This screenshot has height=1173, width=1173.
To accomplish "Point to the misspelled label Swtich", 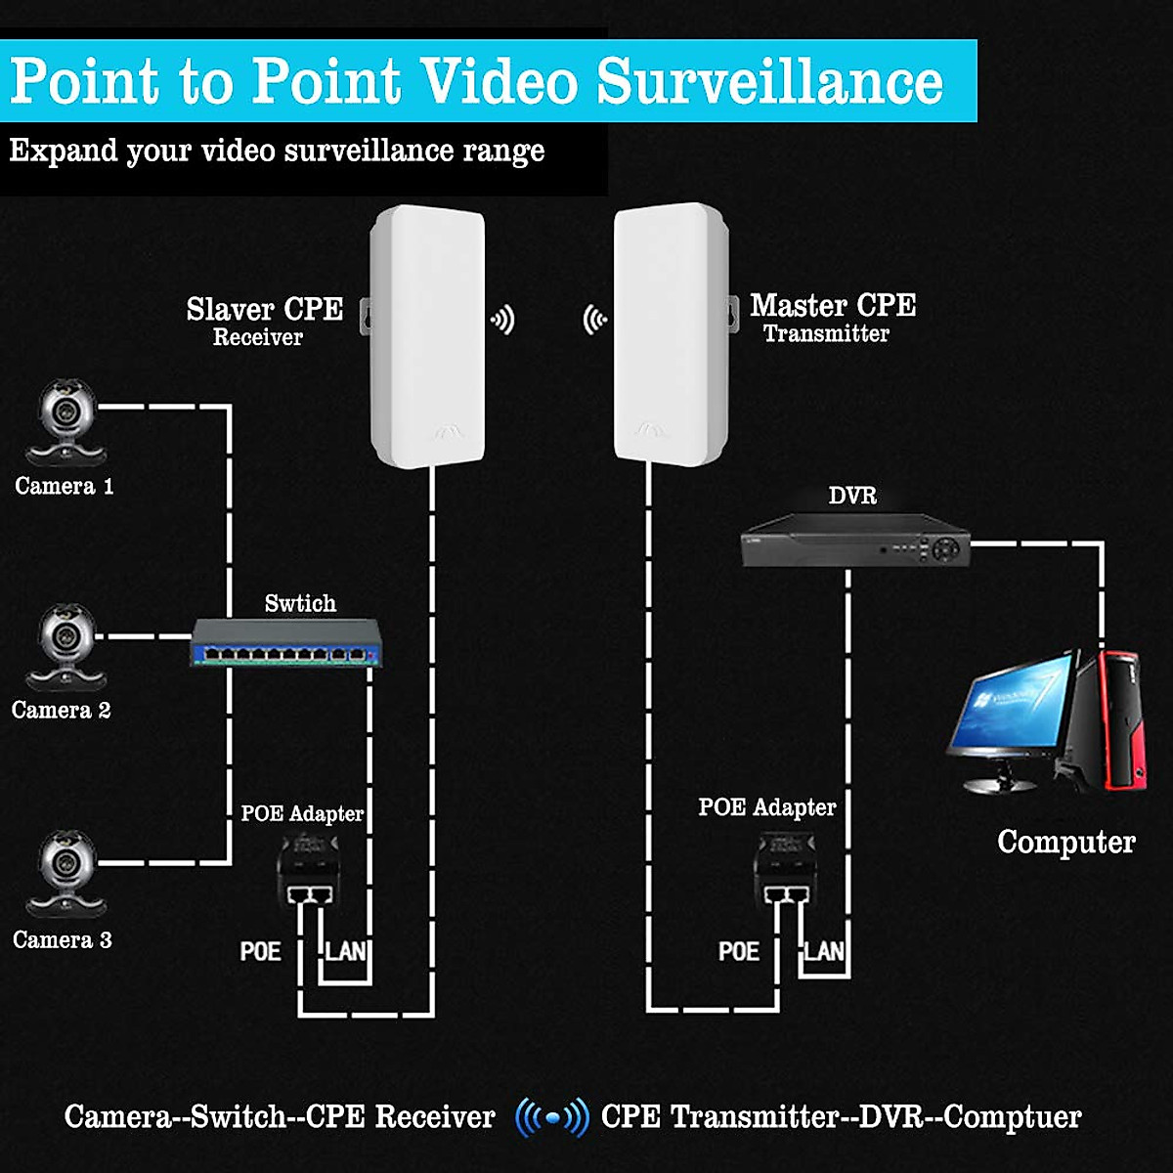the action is coord(300,603).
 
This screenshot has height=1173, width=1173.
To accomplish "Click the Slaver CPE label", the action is coord(264,309).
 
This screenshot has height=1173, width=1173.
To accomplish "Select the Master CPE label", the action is coord(833,305).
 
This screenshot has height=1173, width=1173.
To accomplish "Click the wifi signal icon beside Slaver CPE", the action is coord(502,320).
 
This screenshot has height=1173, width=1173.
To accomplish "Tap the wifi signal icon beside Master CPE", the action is coord(594,320).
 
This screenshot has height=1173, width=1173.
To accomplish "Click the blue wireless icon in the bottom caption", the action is coord(552,1116).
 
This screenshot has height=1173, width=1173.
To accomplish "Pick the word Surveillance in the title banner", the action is coord(769,81).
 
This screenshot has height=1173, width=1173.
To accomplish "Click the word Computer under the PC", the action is coord(1065,842).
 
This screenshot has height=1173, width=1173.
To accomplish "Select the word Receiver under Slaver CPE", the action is coord(258,338).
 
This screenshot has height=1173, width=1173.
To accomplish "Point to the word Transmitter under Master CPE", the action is coord(826,334).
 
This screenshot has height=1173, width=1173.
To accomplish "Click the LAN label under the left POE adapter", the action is coord(345,951).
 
